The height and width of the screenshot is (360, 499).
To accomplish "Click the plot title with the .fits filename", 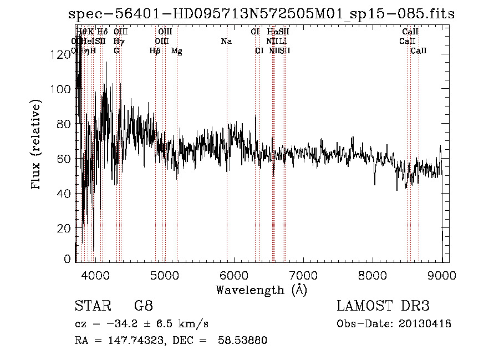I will [x=261, y=14].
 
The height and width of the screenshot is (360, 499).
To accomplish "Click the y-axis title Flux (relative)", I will [x=37, y=145].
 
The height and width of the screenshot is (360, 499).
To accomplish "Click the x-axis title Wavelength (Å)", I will [x=261, y=290].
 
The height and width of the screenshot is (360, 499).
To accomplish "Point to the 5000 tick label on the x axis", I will [x=164, y=275].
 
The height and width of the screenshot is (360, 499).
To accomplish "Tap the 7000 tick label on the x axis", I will [x=303, y=275].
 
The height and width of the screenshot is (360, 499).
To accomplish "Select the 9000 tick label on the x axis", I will [x=441, y=275].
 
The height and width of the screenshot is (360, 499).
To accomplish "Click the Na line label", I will [x=226, y=42].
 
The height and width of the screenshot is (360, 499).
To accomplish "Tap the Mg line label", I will [x=177, y=51].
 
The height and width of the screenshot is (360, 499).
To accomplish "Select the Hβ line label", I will [x=155, y=51].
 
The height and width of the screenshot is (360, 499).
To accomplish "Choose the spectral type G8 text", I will [x=142, y=306].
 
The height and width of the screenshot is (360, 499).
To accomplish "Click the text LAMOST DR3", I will [x=383, y=306].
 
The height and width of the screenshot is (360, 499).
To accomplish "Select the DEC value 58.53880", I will [x=244, y=341].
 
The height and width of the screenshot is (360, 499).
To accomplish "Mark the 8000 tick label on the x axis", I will [x=372, y=275].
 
